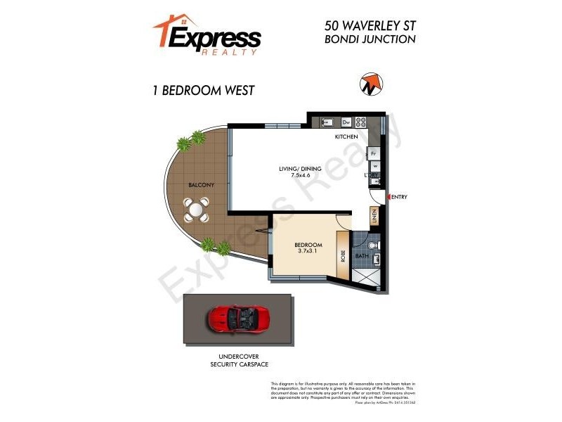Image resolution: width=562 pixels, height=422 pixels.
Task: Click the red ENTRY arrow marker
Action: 386,197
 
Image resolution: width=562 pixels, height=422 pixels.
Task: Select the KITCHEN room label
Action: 346,136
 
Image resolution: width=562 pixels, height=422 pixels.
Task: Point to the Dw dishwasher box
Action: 346,121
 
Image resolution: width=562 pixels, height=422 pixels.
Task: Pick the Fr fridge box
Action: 374,153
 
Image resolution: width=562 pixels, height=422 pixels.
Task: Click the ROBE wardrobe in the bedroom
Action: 344,256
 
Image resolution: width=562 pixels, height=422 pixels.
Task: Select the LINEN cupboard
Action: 374,217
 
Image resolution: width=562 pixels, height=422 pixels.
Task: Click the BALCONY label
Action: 202,185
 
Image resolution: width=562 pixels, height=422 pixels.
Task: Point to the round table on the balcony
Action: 197,209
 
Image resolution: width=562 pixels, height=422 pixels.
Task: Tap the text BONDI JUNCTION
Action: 370,39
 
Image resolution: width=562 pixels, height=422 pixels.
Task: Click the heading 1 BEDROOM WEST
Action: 203,90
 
